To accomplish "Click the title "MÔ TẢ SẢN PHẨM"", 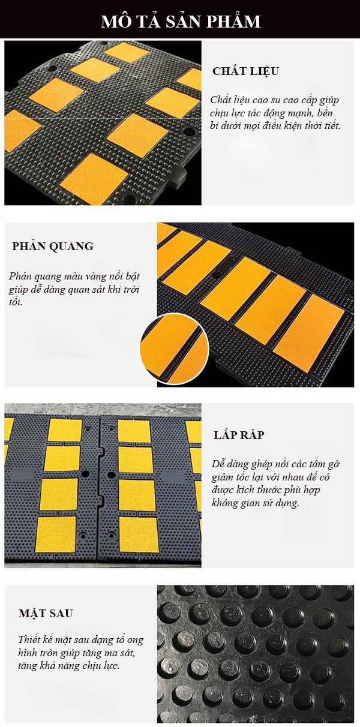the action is coord(181,22).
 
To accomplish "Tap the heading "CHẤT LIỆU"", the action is coord(246,71).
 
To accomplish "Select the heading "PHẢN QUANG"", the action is coord(53,246).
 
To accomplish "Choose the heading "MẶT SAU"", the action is coord(46,613).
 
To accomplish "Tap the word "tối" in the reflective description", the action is coord(15,302).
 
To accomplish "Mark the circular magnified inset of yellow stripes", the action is coord(173,349).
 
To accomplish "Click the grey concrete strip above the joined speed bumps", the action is coord(103,409).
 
